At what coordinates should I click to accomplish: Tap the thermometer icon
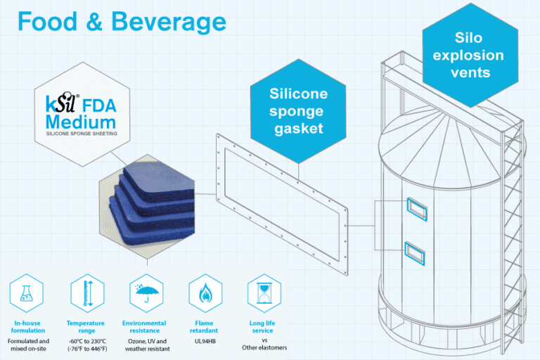86,294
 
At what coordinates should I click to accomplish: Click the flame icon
205,294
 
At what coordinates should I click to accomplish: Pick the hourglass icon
264,294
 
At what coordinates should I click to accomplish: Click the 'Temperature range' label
86,326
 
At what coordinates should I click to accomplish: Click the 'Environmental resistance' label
144,326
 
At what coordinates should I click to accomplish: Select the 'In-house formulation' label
29,326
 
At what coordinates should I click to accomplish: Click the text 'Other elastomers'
264,348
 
